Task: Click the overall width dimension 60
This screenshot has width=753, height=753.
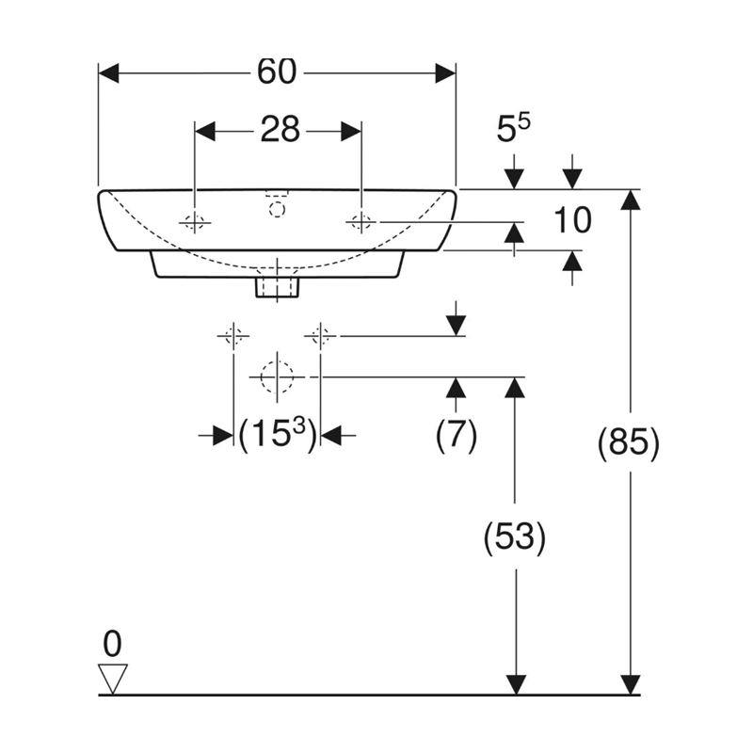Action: click(x=276, y=72)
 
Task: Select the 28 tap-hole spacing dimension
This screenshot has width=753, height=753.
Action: click(x=280, y=130)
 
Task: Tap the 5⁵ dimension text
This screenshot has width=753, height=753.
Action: click(x=513, y=130)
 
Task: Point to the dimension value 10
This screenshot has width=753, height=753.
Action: click(x=571, y=220)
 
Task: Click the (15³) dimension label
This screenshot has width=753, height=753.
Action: click(x=276, y=435)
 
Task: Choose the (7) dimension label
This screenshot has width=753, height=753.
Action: click(x=457, y=435)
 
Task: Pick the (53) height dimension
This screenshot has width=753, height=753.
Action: click(x=514, y=537)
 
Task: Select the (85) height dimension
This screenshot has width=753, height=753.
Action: click(x=629, y=442)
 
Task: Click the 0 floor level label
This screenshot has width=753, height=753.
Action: click(x=113, y=644)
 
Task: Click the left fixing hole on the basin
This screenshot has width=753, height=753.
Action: click(x=194, y=222)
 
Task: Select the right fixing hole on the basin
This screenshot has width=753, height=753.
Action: click(x=361, y=222)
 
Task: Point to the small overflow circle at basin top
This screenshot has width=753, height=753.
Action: click(x=276, y=209)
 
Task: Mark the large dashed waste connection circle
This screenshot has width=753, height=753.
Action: click(x=277, y=376)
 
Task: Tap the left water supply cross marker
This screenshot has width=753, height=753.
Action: click(x=232, y=335)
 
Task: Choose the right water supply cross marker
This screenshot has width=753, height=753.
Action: click(x=321, y=335)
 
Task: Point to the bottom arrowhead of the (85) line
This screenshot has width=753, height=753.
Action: click(x=629, y=686)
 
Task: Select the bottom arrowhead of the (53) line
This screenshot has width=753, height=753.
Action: click(x=514, y=686)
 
